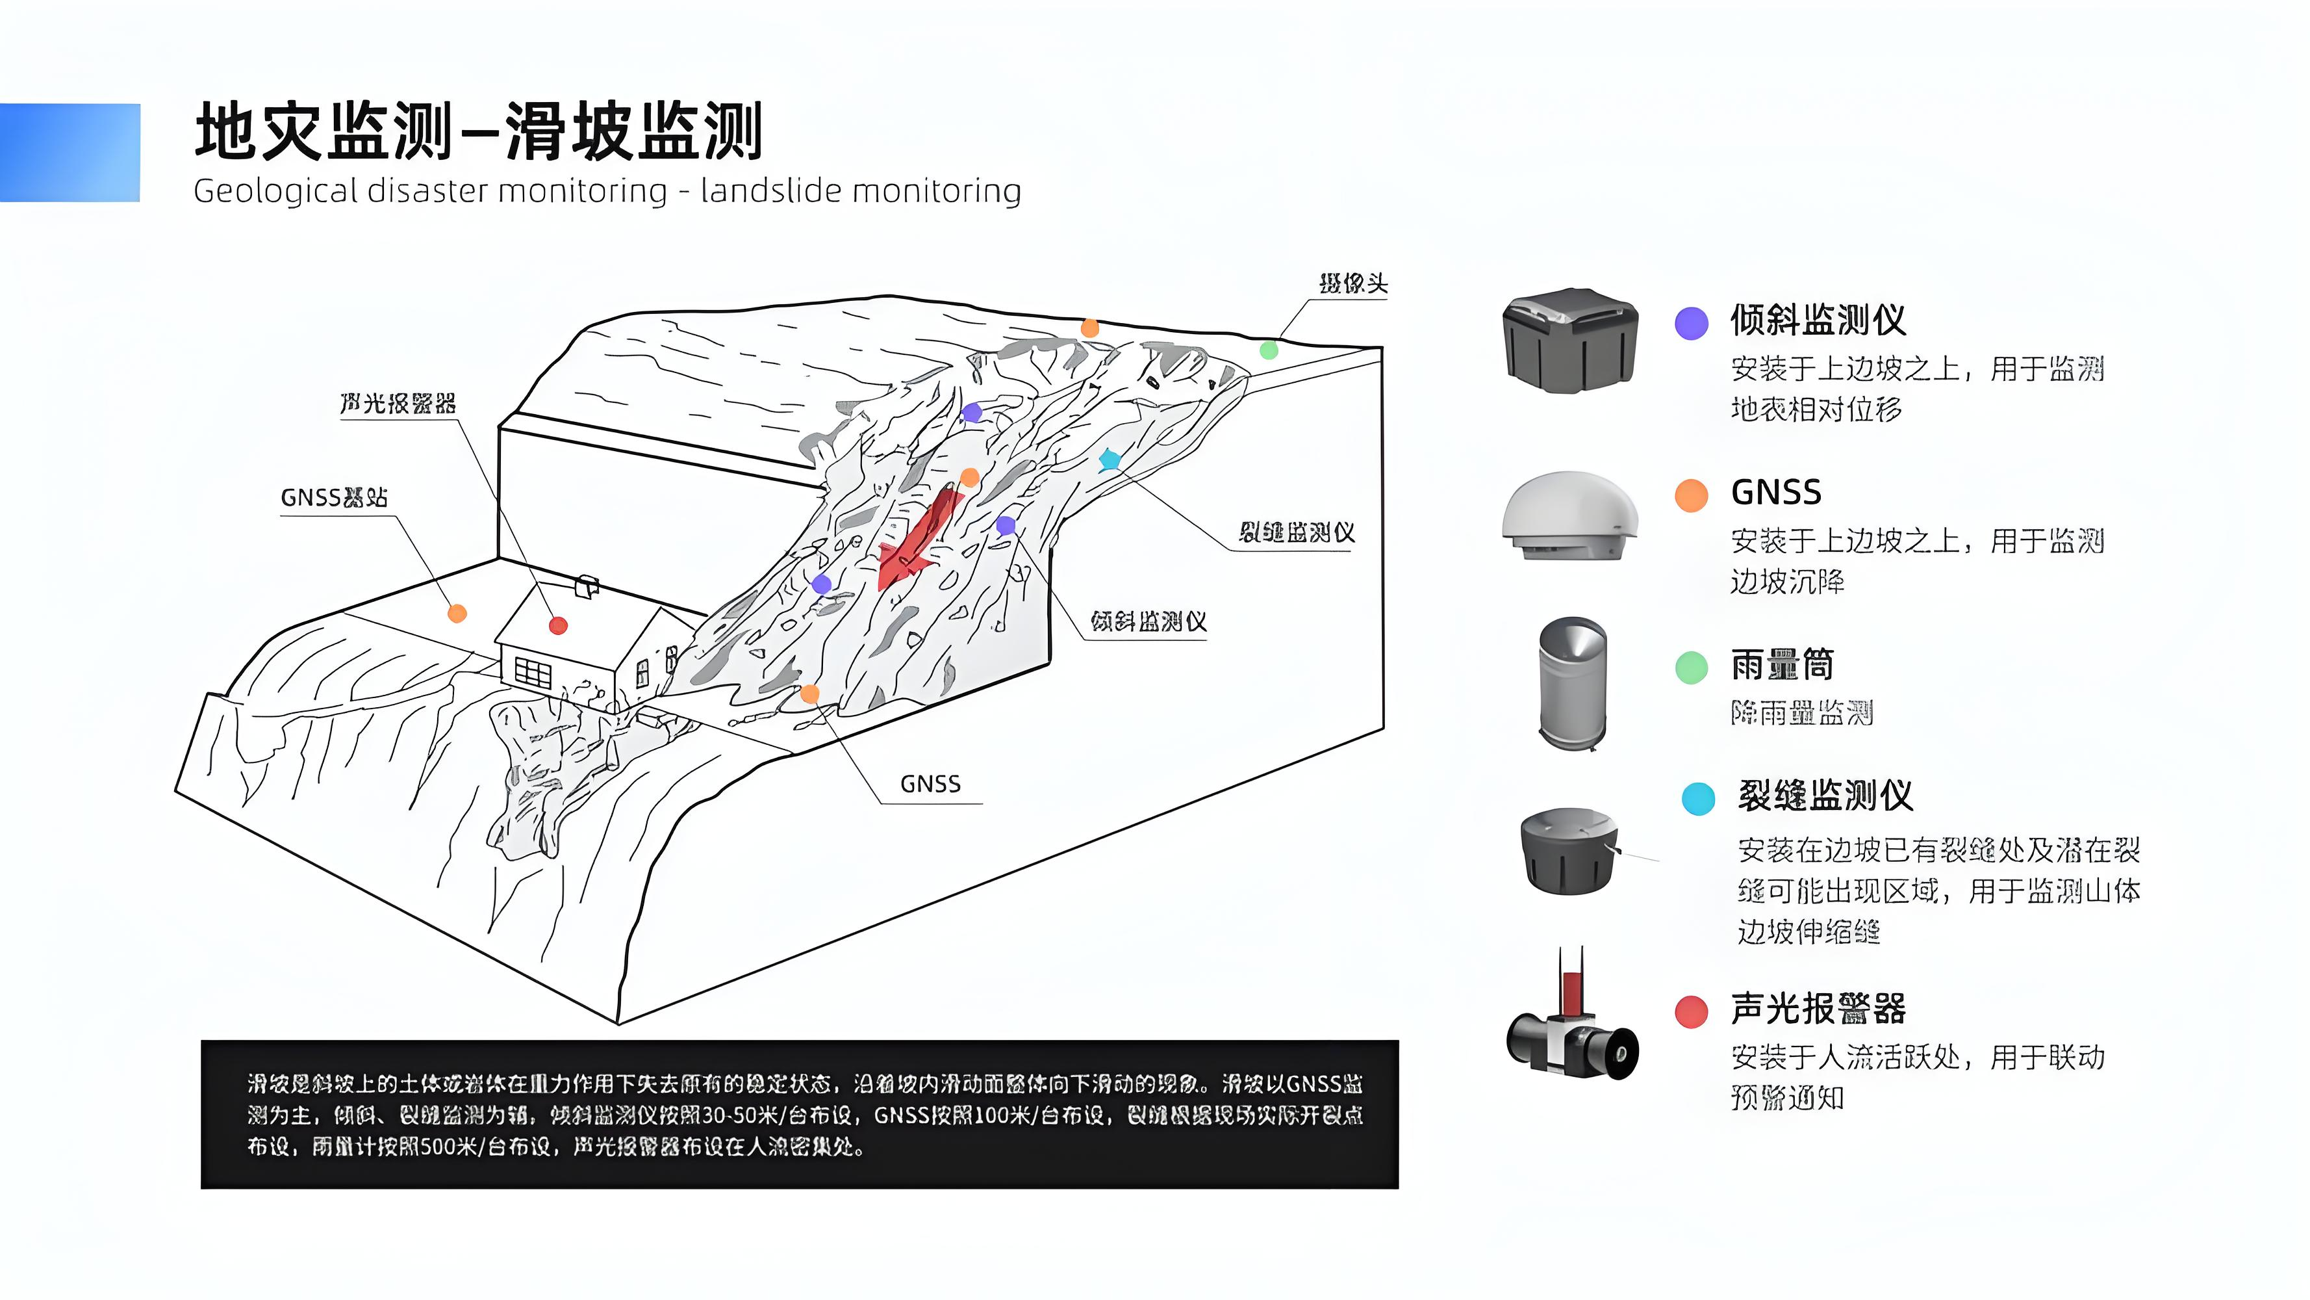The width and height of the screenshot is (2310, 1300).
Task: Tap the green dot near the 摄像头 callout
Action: tap(1269, 350)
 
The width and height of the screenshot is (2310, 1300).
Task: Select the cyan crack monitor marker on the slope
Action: tap(1110, 460)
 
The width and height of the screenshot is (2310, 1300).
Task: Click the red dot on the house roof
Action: tap(558, 625)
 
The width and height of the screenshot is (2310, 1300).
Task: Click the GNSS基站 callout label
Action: tap(334, 497)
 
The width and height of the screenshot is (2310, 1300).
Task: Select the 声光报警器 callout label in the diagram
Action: tap(398, 404)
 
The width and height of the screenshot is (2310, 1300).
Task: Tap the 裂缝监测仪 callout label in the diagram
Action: tap(1296, 533)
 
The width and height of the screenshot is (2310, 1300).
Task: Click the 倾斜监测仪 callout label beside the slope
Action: tap(1148, 621)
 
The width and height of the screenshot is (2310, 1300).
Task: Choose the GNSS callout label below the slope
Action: tap(930, 784)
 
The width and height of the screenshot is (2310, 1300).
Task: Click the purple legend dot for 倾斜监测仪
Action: tap(1692, 323)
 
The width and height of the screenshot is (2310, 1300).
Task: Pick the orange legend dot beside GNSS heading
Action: tap(1692, 495)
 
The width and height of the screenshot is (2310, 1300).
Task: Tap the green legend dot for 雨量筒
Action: tap(1692, 668)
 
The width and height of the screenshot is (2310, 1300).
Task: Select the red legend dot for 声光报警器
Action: tap(1692, 1012)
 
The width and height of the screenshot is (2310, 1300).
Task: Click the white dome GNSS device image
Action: tap(1569, 516)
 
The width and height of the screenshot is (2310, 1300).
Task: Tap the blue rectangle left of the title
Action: tap(70, 153)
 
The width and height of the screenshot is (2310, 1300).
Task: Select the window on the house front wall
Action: tap(533, 672)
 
